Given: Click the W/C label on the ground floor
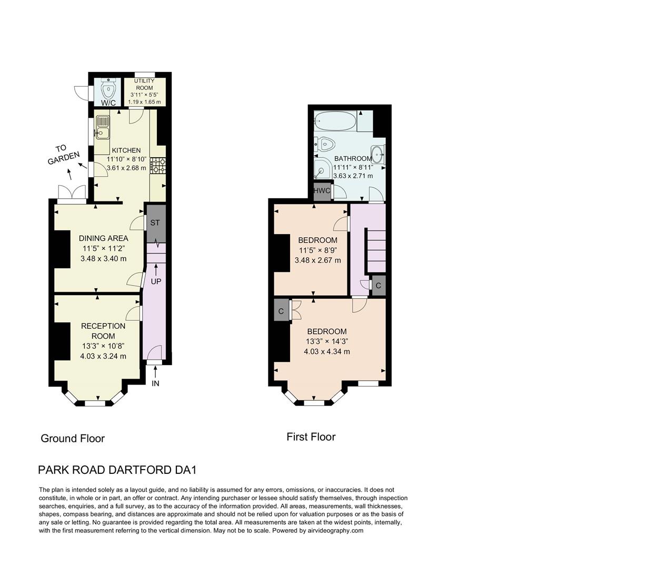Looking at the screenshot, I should [108, 103].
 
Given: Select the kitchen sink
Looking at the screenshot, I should [102, 127].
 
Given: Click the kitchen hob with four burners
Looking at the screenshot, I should [158, 166].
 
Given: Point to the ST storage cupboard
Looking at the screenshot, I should [155, 223].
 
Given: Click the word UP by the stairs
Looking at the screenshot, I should [156, 281].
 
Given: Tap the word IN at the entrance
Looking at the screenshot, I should [155, 383].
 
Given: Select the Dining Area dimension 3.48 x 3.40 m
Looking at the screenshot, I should [103, 259].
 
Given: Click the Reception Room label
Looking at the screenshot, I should [103, 331].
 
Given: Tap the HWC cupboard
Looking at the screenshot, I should [322, 191].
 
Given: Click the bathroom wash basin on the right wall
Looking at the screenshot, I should [377, 154].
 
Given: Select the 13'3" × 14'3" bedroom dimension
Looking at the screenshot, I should [327, 341].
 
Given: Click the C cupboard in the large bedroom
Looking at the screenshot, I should [281, 311].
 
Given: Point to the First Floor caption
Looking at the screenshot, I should [311, 437].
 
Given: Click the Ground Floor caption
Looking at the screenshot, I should [73, 439].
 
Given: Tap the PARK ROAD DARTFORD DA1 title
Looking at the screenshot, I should [117, 470].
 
